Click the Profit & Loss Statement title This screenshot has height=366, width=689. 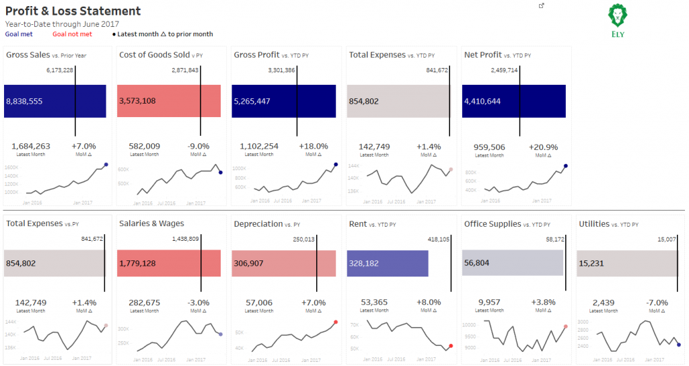(x=73, y=11)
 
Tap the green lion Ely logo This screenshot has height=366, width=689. (x=618, y=20)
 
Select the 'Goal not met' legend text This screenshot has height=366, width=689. (x=72, y=34)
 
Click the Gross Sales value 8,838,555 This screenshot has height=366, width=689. (x=24, y=101)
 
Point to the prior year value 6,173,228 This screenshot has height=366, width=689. (x=60, y=70)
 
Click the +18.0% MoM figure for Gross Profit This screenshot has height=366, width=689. (x=313, y=146)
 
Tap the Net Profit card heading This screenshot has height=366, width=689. (x=483, y=54)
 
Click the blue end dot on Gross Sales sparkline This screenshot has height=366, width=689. (x=106, y=165)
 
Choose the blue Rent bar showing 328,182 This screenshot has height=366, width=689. (x=388, y=263)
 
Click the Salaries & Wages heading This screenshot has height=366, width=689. (x=151, y=223)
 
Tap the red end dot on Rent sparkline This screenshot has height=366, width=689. (x=451, y=346)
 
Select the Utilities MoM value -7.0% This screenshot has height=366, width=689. (x=658, y=303)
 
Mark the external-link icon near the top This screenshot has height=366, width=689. (x=542, y=5)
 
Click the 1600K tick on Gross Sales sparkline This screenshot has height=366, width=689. (x=11, y=167)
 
